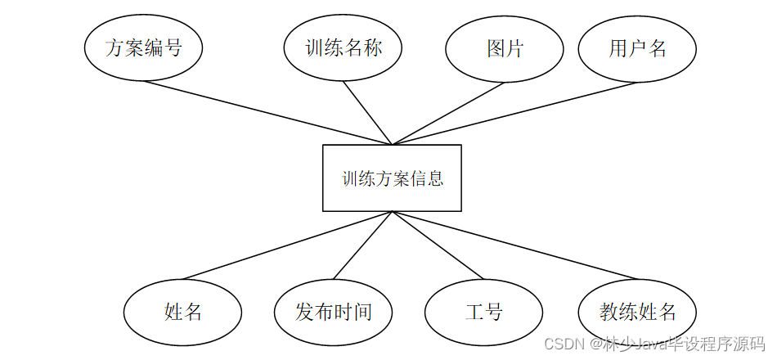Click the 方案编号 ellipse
(x=143, y=48)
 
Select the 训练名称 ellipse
(x=344, y=48)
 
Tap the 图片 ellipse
(x=505, y=48)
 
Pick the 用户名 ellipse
(x=637, y=48)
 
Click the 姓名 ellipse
(x=182, y=312)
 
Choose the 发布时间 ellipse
(x=333, y=312)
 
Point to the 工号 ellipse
(x=483, y=312)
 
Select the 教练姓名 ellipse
(x=637, y=312)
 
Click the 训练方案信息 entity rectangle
(x=392, y=178)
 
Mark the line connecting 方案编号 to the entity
(x=270, y=113)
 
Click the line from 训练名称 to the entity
(x=369, y=113)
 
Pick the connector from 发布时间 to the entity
(x=363, y=245)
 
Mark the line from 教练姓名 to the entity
(x=515, y=245)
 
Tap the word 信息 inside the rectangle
(x=427, y=178)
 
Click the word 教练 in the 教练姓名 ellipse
(x=618, y=312)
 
